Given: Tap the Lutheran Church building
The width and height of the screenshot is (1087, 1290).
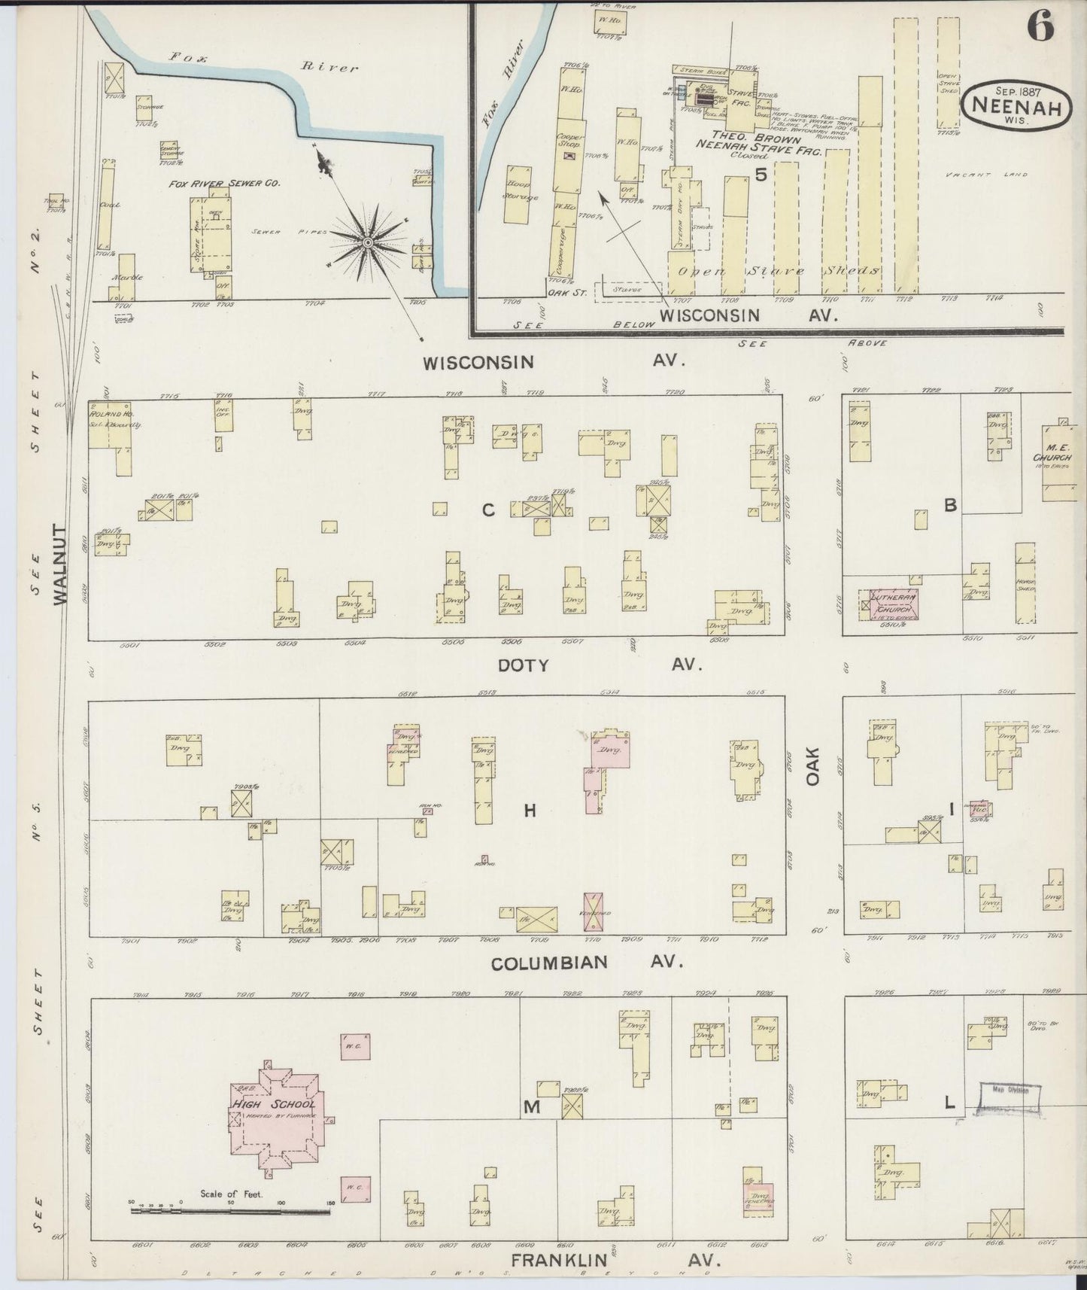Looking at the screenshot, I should (893, 604).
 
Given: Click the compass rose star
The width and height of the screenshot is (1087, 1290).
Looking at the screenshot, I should (367, 242).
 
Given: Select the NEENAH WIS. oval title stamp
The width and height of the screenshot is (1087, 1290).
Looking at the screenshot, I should (1016, 106).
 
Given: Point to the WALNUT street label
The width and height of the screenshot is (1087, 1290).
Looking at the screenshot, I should (61, 564).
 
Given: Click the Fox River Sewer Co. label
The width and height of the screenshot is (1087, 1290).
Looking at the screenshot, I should (214, 183).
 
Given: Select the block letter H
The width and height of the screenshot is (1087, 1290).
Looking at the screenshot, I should (530, 811).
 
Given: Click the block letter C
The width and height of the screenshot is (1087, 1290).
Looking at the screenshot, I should (488, 510).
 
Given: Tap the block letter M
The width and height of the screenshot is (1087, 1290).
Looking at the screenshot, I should (532, 1106).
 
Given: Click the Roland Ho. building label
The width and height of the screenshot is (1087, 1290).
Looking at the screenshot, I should (102, 414).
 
